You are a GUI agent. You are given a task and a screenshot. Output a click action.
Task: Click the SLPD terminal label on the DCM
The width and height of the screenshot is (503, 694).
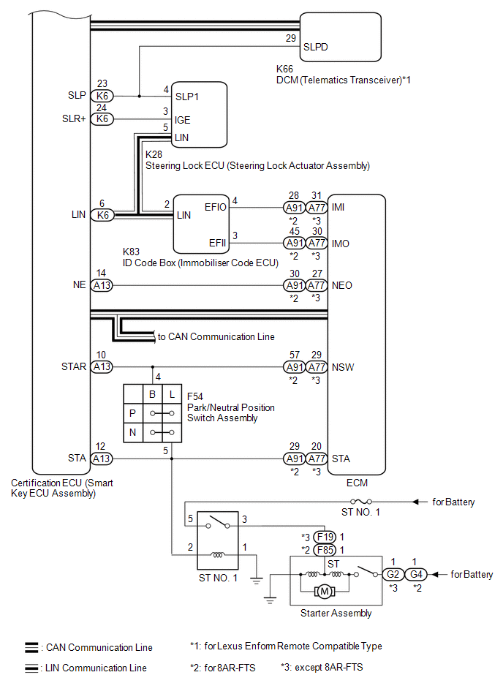[315, 46]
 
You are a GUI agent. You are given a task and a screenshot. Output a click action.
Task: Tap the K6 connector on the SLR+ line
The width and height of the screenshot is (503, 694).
[102, 118]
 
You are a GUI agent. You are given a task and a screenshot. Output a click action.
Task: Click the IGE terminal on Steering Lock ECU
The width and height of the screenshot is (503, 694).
[184, 119]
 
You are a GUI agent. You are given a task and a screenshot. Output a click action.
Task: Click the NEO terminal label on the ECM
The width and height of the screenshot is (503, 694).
[342, 285]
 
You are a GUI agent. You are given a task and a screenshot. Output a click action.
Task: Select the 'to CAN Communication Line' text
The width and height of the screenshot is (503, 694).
[216, 337]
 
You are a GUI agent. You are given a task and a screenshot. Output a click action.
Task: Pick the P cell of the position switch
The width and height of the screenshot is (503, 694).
[132, 413]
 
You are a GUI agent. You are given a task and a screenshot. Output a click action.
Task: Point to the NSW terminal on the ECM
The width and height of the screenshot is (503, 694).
[343, 367]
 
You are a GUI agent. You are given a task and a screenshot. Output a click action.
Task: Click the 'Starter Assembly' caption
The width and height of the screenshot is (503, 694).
[336, 614]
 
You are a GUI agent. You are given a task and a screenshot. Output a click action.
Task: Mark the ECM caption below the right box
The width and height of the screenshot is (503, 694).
[356, 483]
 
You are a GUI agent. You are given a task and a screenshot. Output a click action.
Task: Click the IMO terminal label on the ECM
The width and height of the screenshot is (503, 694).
[341, 243]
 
